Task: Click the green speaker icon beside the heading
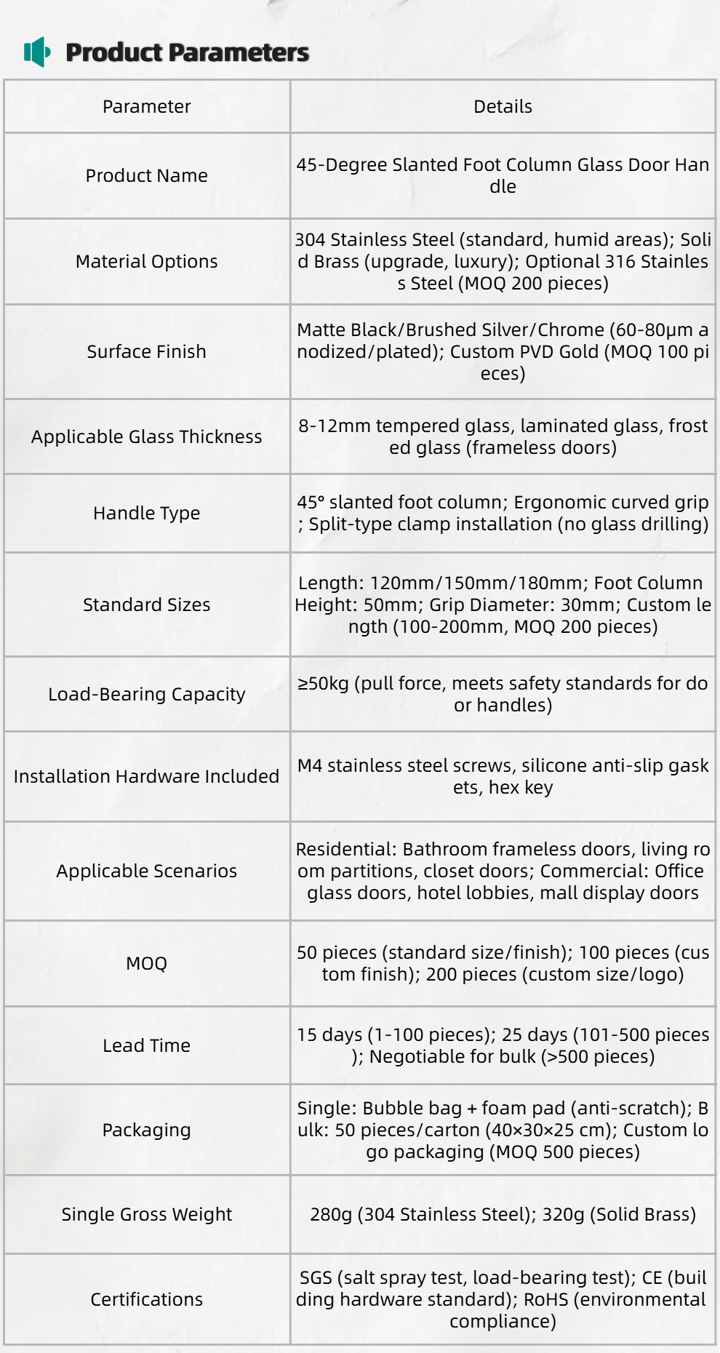pyautogui.click(x=37, y=52)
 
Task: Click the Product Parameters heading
pyautogui.click(x=187, y=52)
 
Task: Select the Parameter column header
pyautogui.click(x=146, y=106)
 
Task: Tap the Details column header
pyautogui.click(x=503, y=106)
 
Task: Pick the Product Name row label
pyautogui.click(x=146, y=175)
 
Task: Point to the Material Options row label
pyautogui.click(x=146, y=261)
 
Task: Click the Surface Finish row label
pyautogui.click(x=146, y=351)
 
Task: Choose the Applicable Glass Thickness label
pyautogui.click(x=146, y=436)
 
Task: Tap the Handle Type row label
pyautogui.click(x=146, y=513)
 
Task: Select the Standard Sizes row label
pyautogui.click(x=146, y=604)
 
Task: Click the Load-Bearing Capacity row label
pyautogui.click(x=146, y=694)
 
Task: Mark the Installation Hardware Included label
pyautogui.click(x=146, y=776)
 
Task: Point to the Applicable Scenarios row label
pyautogui.click(x=146, y=871)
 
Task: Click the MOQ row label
pyautogui.click(x=146, y=963)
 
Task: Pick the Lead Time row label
pyautogui.click(x=146, y=1045)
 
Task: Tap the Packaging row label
pyautogui.click(x=146, y=1130)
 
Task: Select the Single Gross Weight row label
pyautogui.click(x=146, y=1214)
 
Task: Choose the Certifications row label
pyautogui.click(x=146, y=1299)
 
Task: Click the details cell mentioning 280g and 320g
pyautogui.click(x=503, y=1214)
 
